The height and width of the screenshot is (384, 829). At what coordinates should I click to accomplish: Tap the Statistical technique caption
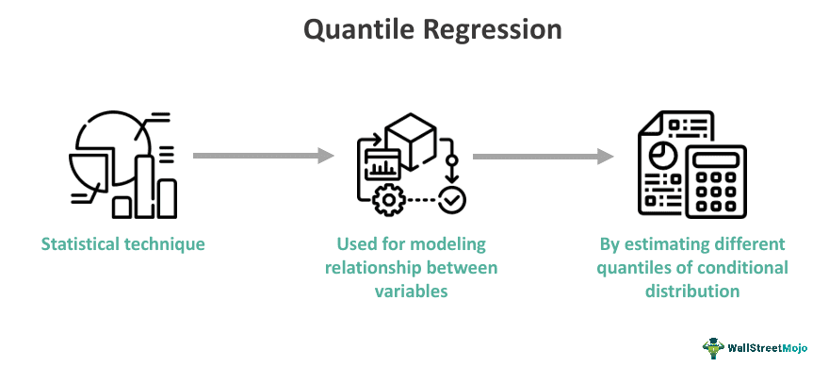coord(123,244)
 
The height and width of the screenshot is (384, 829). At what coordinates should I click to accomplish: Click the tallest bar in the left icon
coord(145,185)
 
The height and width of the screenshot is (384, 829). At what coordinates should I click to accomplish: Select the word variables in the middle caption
coord(412,292)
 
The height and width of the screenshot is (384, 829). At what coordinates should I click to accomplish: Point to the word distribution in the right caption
coord(692,292)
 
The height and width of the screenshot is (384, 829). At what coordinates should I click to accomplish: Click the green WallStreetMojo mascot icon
coord(713,347)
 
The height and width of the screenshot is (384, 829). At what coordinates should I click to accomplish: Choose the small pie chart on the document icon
coord(662,151)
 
